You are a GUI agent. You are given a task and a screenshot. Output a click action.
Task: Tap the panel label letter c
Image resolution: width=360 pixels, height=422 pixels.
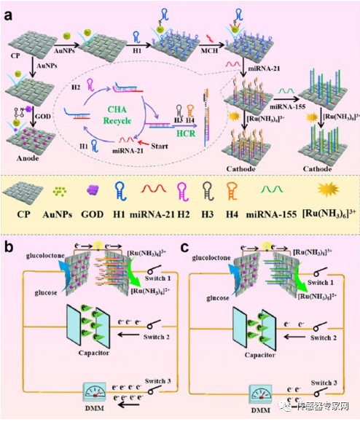point(192,240)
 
